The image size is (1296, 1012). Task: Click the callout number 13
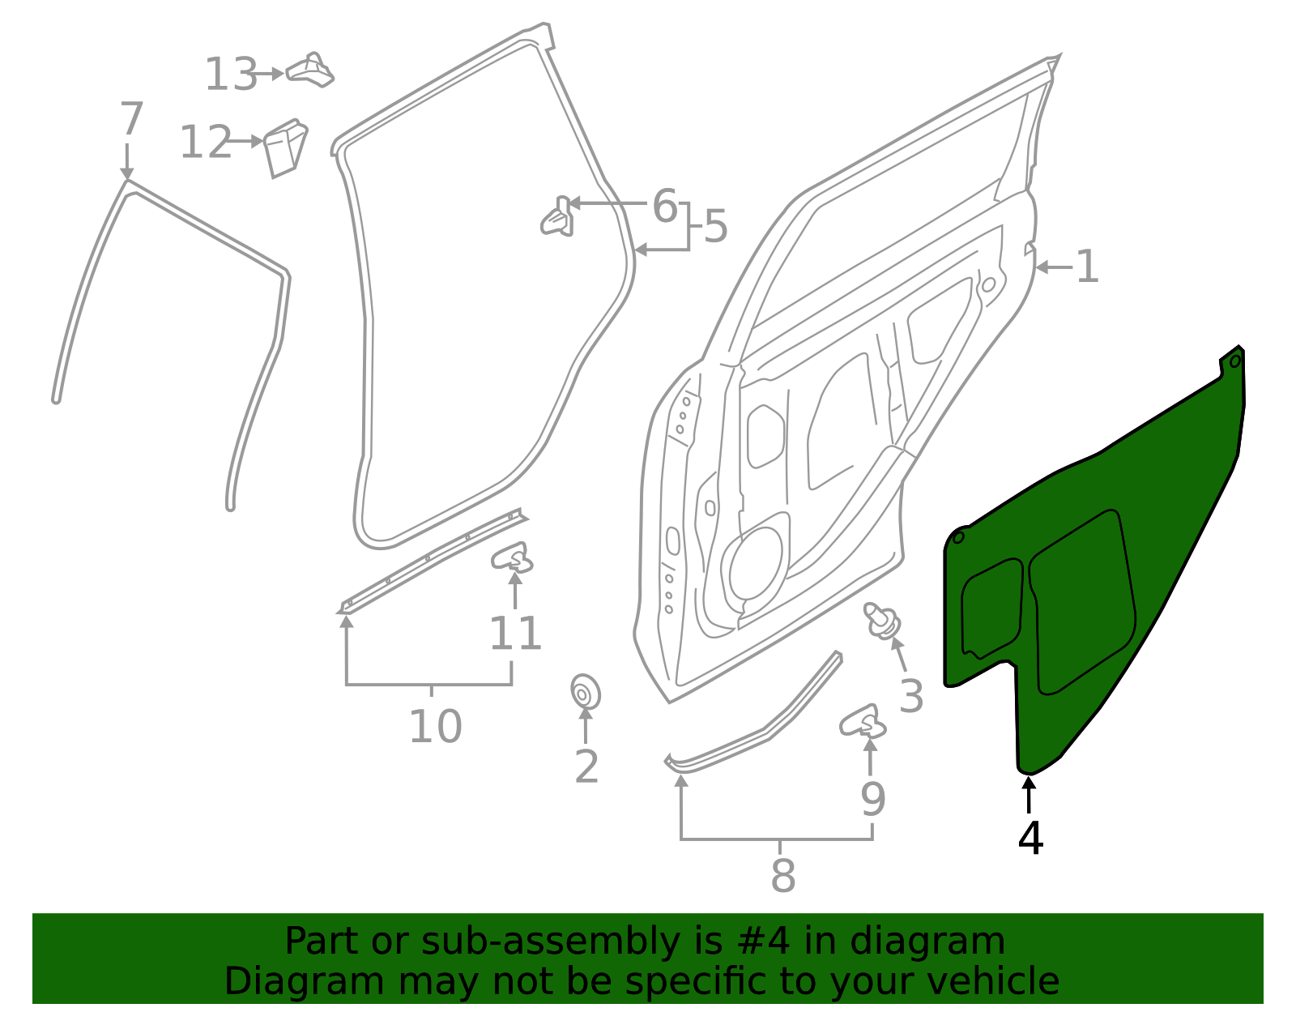coord(230,75)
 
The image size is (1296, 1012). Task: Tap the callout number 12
coord(205,143)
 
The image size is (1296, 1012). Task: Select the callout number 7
coord(130,119)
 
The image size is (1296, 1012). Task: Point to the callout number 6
coord(664,206)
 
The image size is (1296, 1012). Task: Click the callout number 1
coord(1087,267)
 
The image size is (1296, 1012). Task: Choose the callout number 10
coord(435,726)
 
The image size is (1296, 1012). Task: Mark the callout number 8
coord(782,876)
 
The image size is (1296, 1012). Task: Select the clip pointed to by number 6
coord(558,218)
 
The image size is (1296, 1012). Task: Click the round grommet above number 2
coord(584,693)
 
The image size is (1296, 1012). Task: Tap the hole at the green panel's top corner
coord(1234,361)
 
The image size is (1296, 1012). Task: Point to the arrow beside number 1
coord(1051,267)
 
